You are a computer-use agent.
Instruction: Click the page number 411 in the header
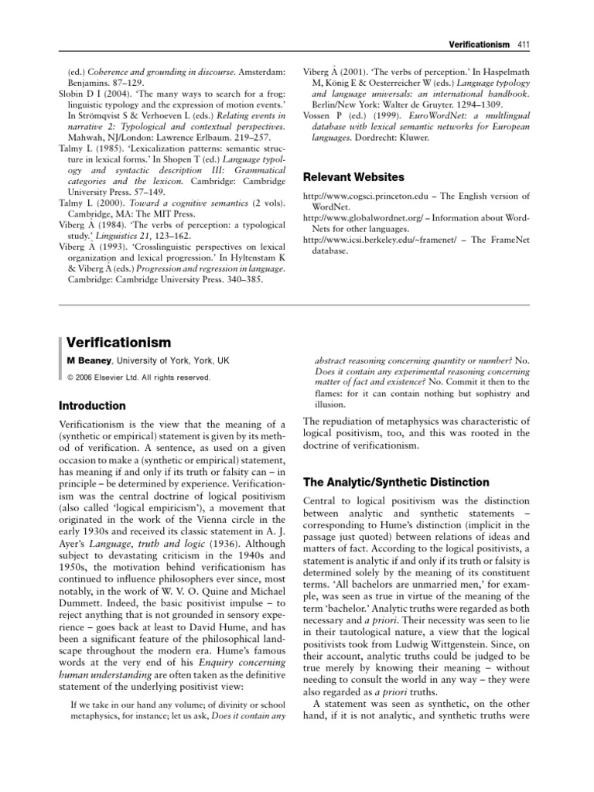click(x=523, y=46)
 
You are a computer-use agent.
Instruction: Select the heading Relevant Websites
click(x=353, y=177)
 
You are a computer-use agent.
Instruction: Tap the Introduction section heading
click(x=92, y=405)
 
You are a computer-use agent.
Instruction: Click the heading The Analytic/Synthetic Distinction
click(x=395, y=482)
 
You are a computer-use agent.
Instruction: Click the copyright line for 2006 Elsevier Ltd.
click(x=138, y=377)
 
